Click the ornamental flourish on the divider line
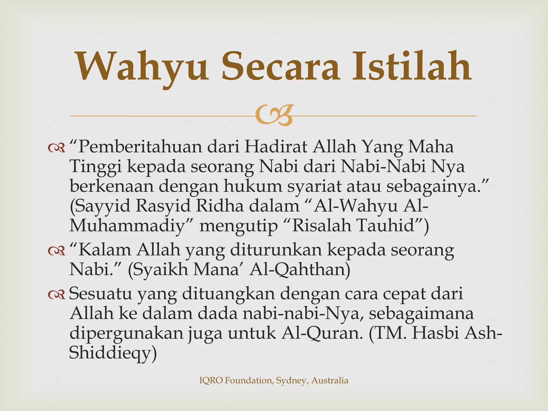[273, 116]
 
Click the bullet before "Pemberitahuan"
[56, 148]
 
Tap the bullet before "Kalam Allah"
[56, 251]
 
